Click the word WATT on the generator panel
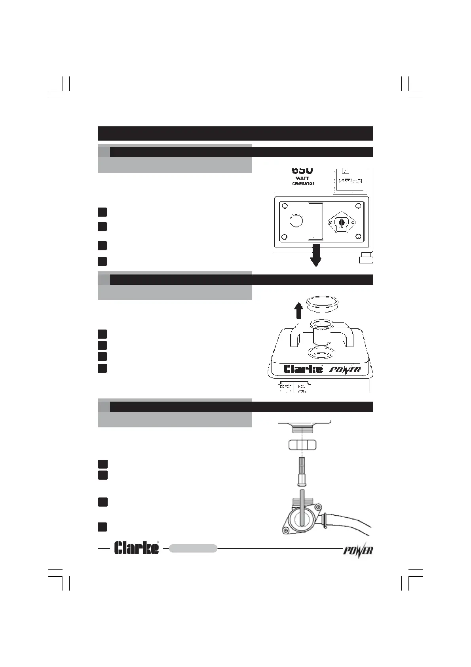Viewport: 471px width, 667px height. (x=303, y=178)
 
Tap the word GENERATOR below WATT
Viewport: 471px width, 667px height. (x=303, y=184)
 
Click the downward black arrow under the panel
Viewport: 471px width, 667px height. (x=316, y=257)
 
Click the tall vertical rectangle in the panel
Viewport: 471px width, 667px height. (x=316, y=221)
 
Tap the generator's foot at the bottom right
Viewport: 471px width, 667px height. (x=366, y=259)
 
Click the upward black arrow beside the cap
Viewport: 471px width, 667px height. (x=299, y=310)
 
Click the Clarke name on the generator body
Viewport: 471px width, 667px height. (x=303, y=369)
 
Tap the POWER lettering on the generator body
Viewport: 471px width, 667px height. (x=346, y=370)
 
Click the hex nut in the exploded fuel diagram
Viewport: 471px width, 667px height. (x=302, y=444)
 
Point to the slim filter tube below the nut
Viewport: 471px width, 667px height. (x=302, y=471)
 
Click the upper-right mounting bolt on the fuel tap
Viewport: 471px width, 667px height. (x=317, y=507)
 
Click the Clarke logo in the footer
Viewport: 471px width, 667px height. (x=137, y=548)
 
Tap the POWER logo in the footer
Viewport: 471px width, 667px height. (x=357, y=551)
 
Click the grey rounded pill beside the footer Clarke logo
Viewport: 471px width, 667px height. (x=193, y=548)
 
